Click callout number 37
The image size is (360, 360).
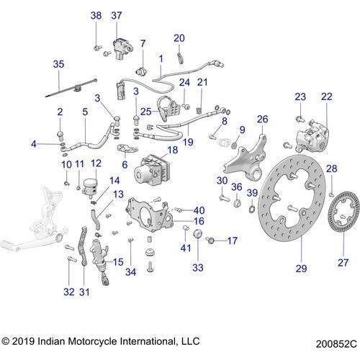tap(117, 16)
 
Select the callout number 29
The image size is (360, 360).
tap(301, 269)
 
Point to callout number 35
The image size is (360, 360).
tap(58, 65)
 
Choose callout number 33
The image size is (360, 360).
tap(197, 266)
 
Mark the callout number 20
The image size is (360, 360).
tap(179, 38)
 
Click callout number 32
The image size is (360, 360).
tap(68, 292)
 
